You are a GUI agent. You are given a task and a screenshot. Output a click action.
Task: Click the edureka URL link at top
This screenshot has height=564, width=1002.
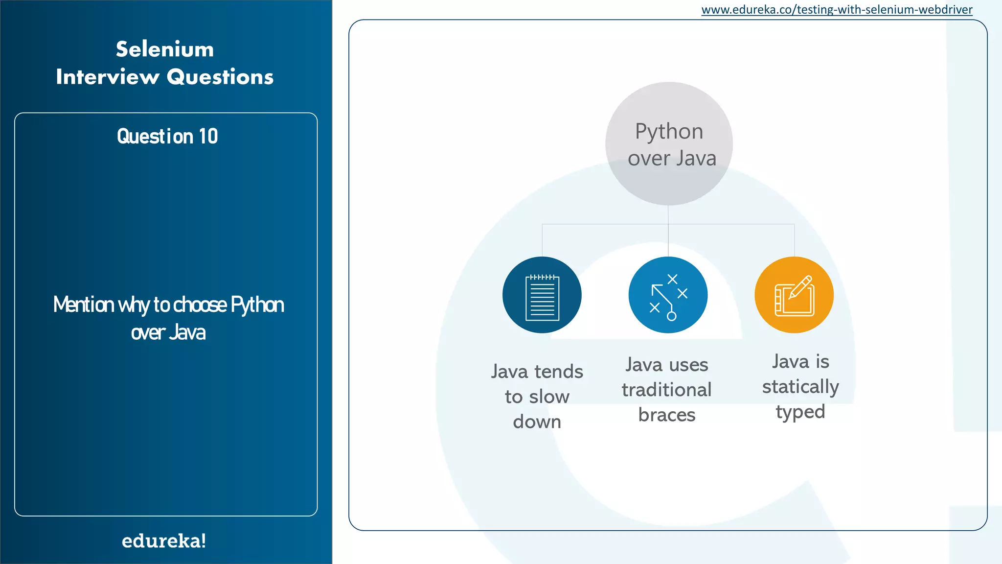tap(837, 10)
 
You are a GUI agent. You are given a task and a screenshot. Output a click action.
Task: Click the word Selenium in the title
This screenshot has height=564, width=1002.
tap(165, 49)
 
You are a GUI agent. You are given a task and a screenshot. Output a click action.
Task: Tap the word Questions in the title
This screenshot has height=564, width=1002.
tap(220, 77)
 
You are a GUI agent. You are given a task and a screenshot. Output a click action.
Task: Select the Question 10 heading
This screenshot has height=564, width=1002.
tap(167, 136)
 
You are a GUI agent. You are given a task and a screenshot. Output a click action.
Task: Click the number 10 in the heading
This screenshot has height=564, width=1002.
tap(208, 136)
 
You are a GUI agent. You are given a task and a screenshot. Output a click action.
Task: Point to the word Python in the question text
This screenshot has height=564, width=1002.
tap(257, 305)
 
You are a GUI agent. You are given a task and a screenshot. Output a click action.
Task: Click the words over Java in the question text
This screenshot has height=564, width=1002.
tap(168, 332)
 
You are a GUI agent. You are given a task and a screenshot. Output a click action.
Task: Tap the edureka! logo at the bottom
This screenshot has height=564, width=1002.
tap(164, 541)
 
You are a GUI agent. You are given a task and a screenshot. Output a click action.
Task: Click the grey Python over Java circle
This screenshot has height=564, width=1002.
tap(669, 143)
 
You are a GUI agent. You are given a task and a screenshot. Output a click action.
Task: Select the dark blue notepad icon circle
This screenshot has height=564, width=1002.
tap(542, 295)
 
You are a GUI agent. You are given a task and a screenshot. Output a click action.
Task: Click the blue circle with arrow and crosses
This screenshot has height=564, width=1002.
tap(668, 295)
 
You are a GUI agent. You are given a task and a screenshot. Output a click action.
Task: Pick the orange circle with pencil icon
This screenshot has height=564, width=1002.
tap(794, 295)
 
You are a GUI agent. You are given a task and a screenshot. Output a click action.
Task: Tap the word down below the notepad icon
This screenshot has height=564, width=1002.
tap(537, 422)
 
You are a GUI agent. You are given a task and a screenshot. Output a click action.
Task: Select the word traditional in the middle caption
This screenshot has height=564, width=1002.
tap(666, 390)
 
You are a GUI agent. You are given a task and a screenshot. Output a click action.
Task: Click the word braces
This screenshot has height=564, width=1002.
tap(666, 415)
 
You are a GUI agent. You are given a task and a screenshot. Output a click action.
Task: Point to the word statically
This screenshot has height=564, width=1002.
tap(800, 387)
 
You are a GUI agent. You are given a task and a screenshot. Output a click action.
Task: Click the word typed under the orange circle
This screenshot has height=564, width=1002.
tap(800, 412)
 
